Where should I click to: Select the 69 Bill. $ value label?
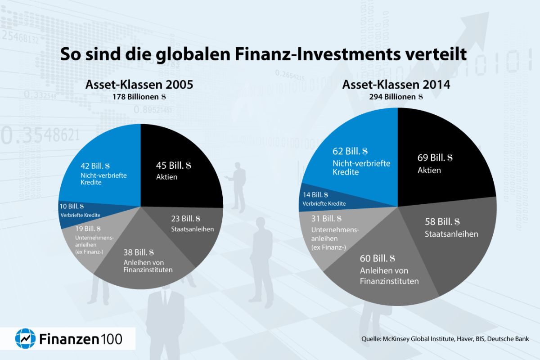435,158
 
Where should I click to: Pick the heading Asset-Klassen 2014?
397,85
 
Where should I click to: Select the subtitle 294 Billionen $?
396,96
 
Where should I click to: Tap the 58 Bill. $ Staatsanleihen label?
442,222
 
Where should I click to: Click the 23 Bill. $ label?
185,219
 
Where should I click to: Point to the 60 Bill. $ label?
377,259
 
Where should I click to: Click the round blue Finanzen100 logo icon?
26,338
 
